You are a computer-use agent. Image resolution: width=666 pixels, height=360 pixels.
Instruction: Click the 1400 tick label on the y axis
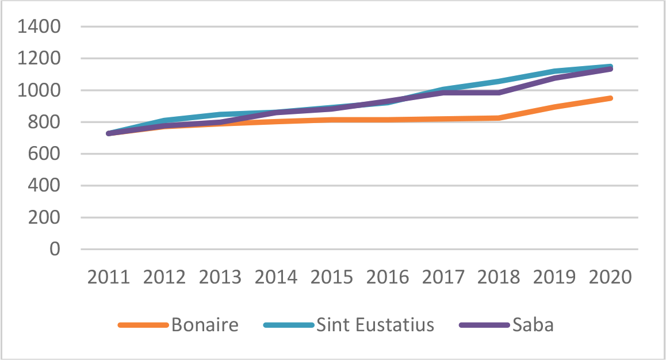(x=40, y=27)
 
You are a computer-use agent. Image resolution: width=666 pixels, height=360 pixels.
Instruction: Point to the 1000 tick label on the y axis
(x=40, y=91)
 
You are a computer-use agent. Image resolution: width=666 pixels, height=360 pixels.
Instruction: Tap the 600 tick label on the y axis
(x=46, y=154)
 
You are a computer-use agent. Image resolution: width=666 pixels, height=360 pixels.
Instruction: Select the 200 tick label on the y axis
(x=46, y=218)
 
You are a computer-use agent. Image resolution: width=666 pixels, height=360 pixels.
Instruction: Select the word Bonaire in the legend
(x=205, y=325)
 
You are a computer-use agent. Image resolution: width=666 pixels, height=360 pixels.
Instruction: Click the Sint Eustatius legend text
(x=375, y=325)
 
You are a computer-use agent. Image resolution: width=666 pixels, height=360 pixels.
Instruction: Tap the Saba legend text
(x=533, y=325)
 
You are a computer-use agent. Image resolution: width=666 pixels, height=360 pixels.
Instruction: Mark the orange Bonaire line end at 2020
(x=610, y=98)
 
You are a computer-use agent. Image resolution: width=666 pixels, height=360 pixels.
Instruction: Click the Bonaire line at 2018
(x=499, y=118)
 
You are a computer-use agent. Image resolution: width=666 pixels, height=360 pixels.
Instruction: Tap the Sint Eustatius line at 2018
(x=499, y=81)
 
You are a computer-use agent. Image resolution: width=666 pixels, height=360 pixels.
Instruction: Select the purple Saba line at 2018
(x=499, y=93)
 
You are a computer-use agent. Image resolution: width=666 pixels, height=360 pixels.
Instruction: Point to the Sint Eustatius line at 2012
(x=164, y=120)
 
